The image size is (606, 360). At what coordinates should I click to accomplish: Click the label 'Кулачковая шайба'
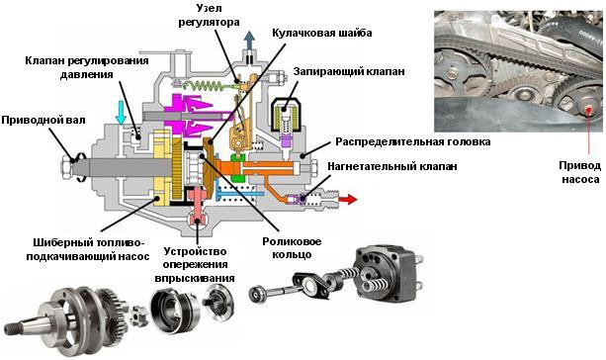(322, 33)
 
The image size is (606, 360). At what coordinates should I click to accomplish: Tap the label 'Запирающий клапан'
(349, 71)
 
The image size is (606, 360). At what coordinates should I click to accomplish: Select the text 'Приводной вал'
(43, 120)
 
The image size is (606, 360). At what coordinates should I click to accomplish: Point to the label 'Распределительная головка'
(413, 141)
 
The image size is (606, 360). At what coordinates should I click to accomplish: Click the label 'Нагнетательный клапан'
(392, 166)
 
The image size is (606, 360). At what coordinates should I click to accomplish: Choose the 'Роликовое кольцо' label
(292, 248)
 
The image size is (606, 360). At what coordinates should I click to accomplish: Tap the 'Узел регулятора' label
(209, 16)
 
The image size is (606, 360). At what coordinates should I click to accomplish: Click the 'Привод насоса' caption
(580, 172)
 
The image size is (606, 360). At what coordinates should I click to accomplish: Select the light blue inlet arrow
(122, 113)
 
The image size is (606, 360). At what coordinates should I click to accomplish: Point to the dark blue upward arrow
(250, 42)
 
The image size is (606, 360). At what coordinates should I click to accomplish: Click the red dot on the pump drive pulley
(588, 108)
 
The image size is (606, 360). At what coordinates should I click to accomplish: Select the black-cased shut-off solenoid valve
(286, 116)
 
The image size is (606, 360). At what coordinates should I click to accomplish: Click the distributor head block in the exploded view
(387, 273)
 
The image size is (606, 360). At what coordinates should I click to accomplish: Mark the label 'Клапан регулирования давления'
(87, 67)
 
